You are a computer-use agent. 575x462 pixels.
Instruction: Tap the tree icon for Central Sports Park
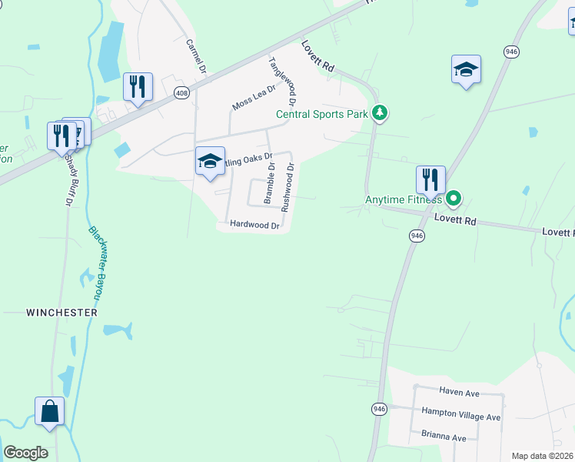(x=379, y=114)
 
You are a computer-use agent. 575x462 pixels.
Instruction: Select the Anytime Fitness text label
(x=403, y=199)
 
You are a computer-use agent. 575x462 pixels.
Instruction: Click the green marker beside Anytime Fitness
(x=454, y=199)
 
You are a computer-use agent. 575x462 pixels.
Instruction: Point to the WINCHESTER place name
(x=61, y=313)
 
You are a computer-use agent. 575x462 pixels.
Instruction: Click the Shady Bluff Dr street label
(x=68, y=178)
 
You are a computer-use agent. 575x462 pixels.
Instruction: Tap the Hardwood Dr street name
(x=254, y=225)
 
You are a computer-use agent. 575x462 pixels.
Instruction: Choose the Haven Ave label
(x=459, y=393)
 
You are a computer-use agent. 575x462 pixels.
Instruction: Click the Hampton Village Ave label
(x=460, y=417)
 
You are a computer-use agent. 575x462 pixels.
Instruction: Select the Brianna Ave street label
(x=444, y=437)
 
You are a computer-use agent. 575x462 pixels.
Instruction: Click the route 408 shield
(x=181, y=93)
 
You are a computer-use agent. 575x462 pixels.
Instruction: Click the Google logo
(x=25, y=453)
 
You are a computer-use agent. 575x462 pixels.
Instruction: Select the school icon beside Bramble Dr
(x=210, y=161)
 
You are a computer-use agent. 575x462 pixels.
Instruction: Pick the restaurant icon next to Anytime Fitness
(x=431, y=180)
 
